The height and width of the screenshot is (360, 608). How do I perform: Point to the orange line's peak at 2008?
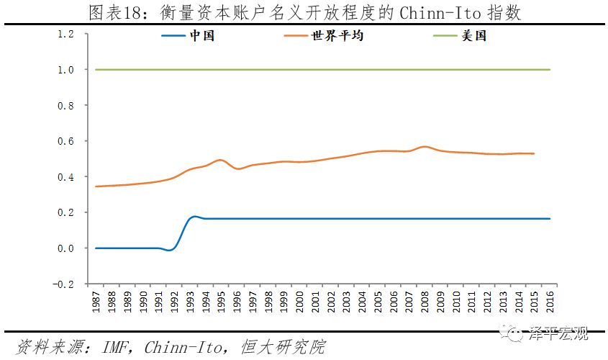(x=425, y=146)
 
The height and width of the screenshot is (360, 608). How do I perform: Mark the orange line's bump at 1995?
(x=220, y=160)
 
